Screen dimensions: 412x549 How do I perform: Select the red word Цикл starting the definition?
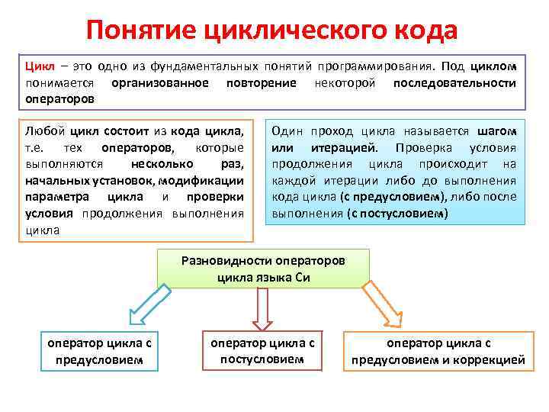(40, 66)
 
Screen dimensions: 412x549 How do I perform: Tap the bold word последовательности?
(454, 82)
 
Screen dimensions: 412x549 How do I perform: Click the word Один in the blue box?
(287, 130)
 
